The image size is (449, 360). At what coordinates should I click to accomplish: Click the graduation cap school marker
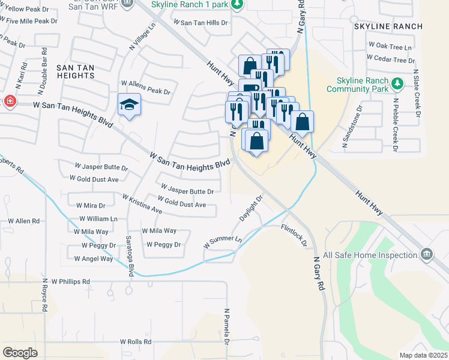[x=129, y=105]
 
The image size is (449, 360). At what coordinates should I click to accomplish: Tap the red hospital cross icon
[x=9, y=101]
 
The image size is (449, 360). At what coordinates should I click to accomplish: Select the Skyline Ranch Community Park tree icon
[x=397, y=82]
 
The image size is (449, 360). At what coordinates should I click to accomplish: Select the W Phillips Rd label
[x=70, y=281]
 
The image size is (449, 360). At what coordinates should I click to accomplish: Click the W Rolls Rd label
[x=139, y=341]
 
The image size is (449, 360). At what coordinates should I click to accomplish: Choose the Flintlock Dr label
[x=295, y=235]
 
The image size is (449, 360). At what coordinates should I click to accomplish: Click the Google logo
[x=20, y=353]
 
